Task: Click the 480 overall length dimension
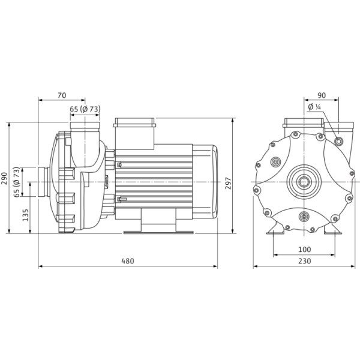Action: pyautogui.click(x=127, y=261)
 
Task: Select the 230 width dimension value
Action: pyautogui.click(x=305, y=261)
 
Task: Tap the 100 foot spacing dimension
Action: pyautogui.click(x=305, y=250)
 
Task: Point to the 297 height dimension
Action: pyautogui.click(x=228, y=183)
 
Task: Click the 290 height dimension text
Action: pyautogui.click(x=4, y=178)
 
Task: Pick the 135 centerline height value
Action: pyautogui.click(x=25, y=215)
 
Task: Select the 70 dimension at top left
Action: pyautogui.click(x=62, y=95)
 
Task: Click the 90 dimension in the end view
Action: pyautogui.click(x=322, y=95)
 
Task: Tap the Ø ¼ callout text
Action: pyautogui.click(x=314, y=107)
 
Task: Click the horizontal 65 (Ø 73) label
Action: pyautogui.click(x=85, y=109)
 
